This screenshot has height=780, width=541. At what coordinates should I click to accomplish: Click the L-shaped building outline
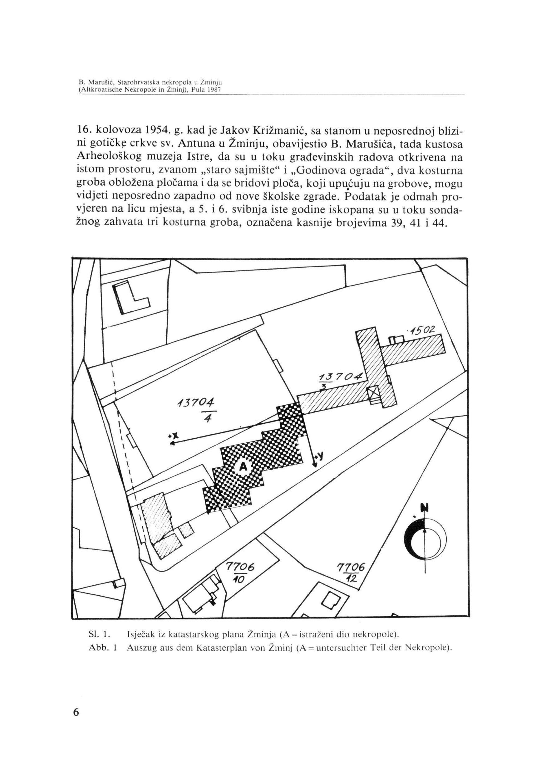(130, 298)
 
